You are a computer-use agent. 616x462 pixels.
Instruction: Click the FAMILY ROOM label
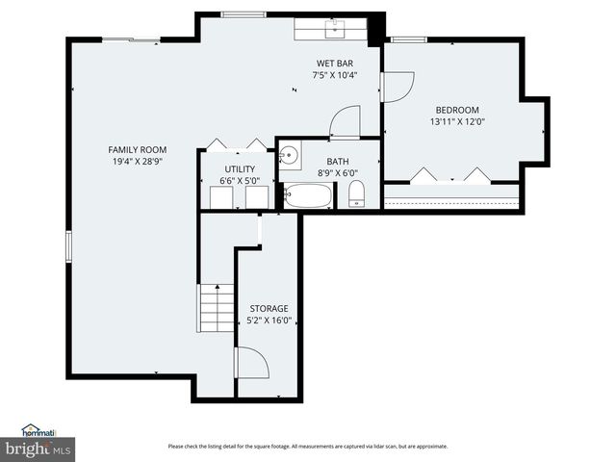coord(138,149)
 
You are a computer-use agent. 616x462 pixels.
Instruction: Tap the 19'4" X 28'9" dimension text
coord(138,162)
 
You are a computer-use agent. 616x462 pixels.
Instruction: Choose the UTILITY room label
coord(240,168)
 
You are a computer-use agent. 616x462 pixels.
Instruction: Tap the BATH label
coord(337,162)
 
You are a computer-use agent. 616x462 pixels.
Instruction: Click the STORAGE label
coord(269,309)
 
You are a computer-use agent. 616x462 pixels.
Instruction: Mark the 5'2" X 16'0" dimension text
coord(269,321)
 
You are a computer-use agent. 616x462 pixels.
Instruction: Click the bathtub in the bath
coord(307,196)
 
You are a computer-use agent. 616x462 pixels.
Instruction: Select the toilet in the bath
coord(356,192)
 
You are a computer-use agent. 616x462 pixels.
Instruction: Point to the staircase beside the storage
coord(217,307)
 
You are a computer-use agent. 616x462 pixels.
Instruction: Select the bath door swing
coord(345,122)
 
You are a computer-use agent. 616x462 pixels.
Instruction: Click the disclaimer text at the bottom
coord(307,446)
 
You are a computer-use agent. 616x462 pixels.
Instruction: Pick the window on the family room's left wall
coord(67,246)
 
